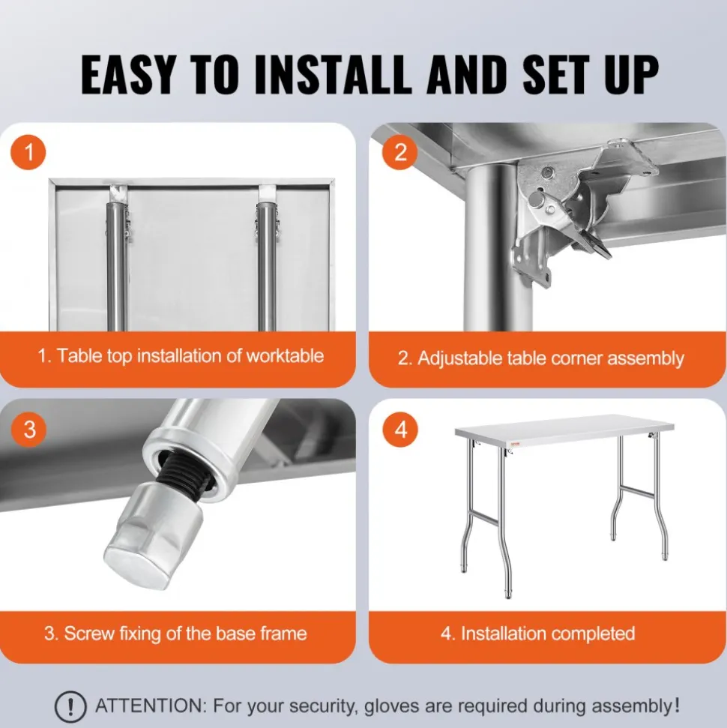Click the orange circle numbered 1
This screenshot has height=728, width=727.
tap(28, 152)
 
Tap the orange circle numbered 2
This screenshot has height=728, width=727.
tap(399, 152)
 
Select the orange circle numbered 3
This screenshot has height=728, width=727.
tap(29, 429)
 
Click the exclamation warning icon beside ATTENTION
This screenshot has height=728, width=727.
tap(70, 707)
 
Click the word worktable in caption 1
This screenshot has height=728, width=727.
tap(285, 355)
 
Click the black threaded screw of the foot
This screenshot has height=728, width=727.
tap(184, 474)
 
